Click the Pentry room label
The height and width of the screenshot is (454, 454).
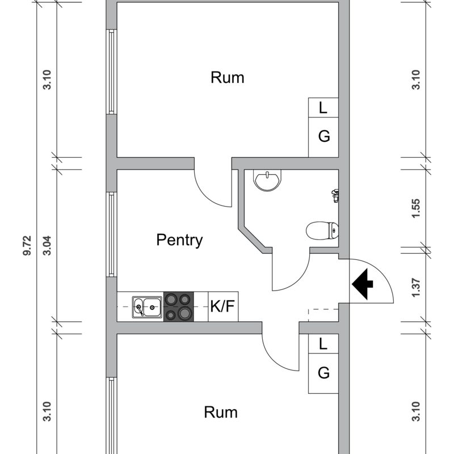pos(179,240)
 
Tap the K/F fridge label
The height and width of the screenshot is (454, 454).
pos(222,306)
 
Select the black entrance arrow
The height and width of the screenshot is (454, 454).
pos(363,284)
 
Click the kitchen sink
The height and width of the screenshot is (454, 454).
pos(147,307)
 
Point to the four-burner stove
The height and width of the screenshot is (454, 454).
pos(179,306)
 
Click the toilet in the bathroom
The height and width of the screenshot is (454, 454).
pos(322,230)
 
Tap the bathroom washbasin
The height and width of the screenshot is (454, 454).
pos(267,180)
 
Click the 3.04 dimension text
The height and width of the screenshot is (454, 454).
pos(47,246)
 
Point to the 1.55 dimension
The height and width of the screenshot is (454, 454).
pos(416,208)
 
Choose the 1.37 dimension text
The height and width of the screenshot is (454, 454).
pos(416,288)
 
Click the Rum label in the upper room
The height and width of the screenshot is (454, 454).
pos(228,78)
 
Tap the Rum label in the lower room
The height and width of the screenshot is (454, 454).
pos(221,413)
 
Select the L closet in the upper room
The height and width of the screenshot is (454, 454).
pos(323,108)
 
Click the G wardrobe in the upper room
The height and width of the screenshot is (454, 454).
pos(323,137)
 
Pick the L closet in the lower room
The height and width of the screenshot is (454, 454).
pos(323,344)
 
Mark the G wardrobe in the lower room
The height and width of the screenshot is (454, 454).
pos(323,373)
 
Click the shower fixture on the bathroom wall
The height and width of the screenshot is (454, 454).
pos(335,196)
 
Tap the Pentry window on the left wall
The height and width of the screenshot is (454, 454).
pos(111,234)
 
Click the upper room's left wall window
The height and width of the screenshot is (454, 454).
pos(111,72)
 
